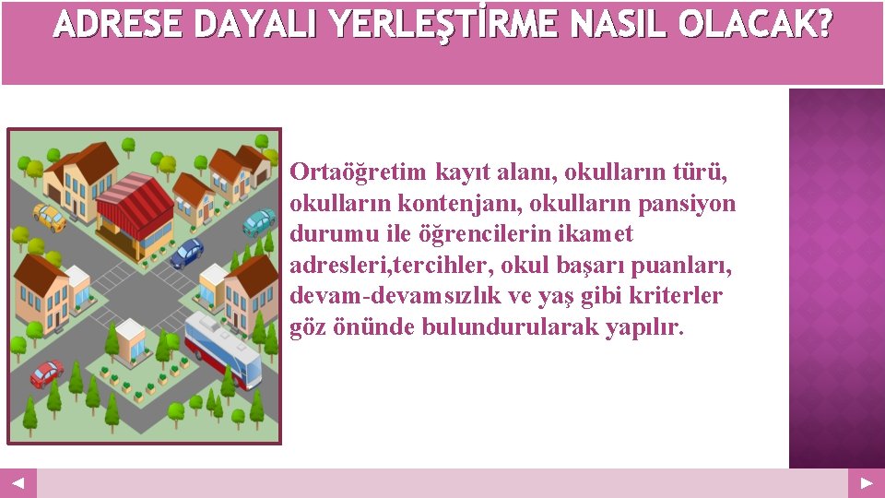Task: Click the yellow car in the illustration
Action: tap(49, 218)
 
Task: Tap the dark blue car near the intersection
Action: tap(187, 251)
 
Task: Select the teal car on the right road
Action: tap(259, 221)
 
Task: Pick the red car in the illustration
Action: tap(46, 373)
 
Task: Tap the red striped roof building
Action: tap(135, 205)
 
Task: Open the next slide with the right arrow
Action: tap(867, 483)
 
